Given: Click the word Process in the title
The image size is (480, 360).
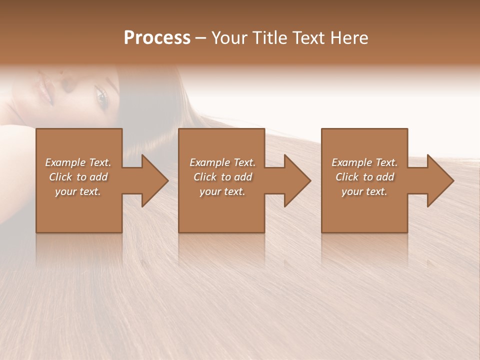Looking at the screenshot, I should point(157,38).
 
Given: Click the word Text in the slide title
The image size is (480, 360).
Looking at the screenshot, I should point(309,38).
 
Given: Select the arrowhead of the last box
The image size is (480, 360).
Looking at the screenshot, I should point(439,180).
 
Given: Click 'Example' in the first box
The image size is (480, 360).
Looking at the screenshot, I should point(65,162).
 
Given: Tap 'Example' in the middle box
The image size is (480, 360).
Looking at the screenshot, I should point(209,162).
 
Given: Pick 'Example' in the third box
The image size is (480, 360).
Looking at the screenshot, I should point(351,162).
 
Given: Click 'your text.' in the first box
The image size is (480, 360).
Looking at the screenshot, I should point(78,191).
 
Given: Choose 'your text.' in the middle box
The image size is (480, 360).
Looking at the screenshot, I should point(222,191).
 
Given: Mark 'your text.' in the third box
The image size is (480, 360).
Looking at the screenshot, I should point(364,191).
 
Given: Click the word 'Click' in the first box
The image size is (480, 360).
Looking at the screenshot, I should point(61,177).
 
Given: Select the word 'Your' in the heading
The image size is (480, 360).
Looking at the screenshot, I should point(230,38).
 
